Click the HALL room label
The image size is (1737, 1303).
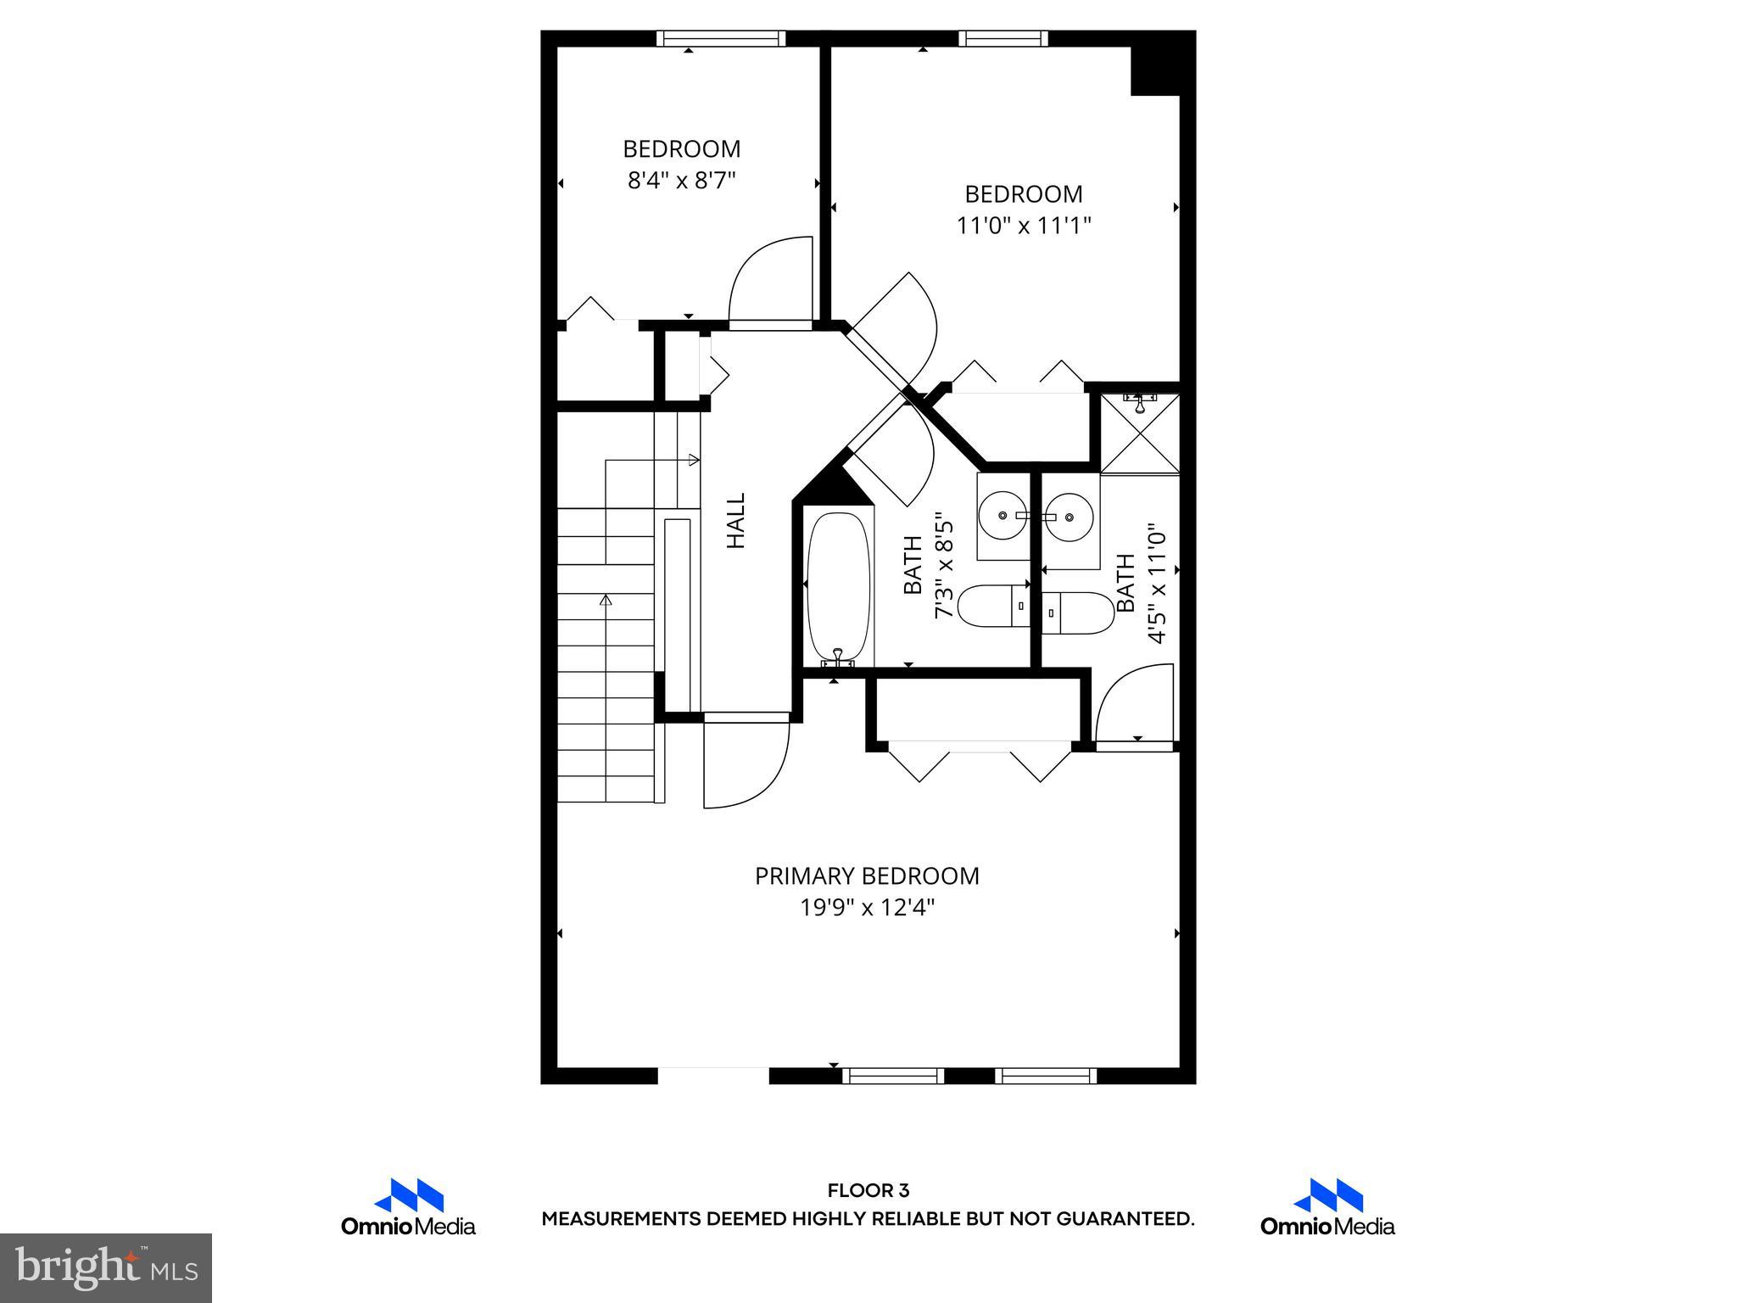tap(736, 521)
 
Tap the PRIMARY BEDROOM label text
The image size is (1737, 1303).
tap(867, 876)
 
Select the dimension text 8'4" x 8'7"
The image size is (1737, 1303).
tap(681, 181)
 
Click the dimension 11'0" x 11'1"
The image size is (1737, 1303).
tap(1024, 226)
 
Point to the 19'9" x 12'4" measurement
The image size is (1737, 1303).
tap(867, 908)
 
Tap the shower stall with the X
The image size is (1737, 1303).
tap(1140, 433)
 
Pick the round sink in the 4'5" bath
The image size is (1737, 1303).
tap(1067, 515)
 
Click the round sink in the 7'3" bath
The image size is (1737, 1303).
tap(1003, 515)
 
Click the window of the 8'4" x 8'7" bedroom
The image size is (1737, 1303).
tap(721, 38)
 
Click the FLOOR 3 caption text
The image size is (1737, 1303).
tap(868, 1190)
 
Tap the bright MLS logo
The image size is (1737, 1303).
tap(106, 1268)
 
